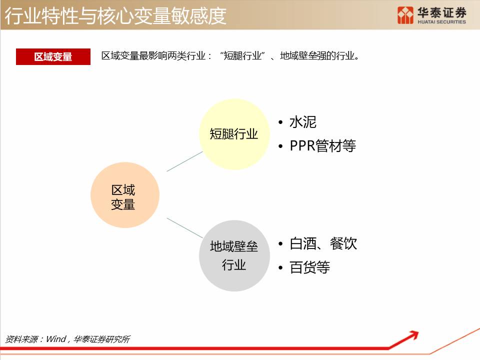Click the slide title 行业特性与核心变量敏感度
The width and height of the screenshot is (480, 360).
[115, 15]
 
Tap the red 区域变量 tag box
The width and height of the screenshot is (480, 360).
[53, 56]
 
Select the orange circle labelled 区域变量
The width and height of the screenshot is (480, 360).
[125, 195]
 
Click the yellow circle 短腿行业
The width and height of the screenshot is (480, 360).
[234, 134]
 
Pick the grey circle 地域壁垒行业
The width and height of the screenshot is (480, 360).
[234, 255]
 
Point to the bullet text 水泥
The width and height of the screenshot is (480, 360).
[303, 122]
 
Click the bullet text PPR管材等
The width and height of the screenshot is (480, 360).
[322, 145]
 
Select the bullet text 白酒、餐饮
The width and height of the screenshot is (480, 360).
[323, 243]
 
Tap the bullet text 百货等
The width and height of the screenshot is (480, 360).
[309, 267]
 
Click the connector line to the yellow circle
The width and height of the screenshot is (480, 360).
[184, 161]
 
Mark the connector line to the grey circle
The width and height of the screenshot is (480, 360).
[184, 228]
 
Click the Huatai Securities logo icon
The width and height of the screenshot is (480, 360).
[405, 15]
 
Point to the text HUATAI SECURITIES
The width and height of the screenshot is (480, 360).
[441, 22]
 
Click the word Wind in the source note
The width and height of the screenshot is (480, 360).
[56, 339]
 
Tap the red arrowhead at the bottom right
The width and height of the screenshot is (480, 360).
[413, 335]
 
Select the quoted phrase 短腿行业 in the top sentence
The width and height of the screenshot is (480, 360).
[242, 55]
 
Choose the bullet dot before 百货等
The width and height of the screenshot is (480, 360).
[280, 268]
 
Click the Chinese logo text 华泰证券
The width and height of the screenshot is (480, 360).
[441, 12]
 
